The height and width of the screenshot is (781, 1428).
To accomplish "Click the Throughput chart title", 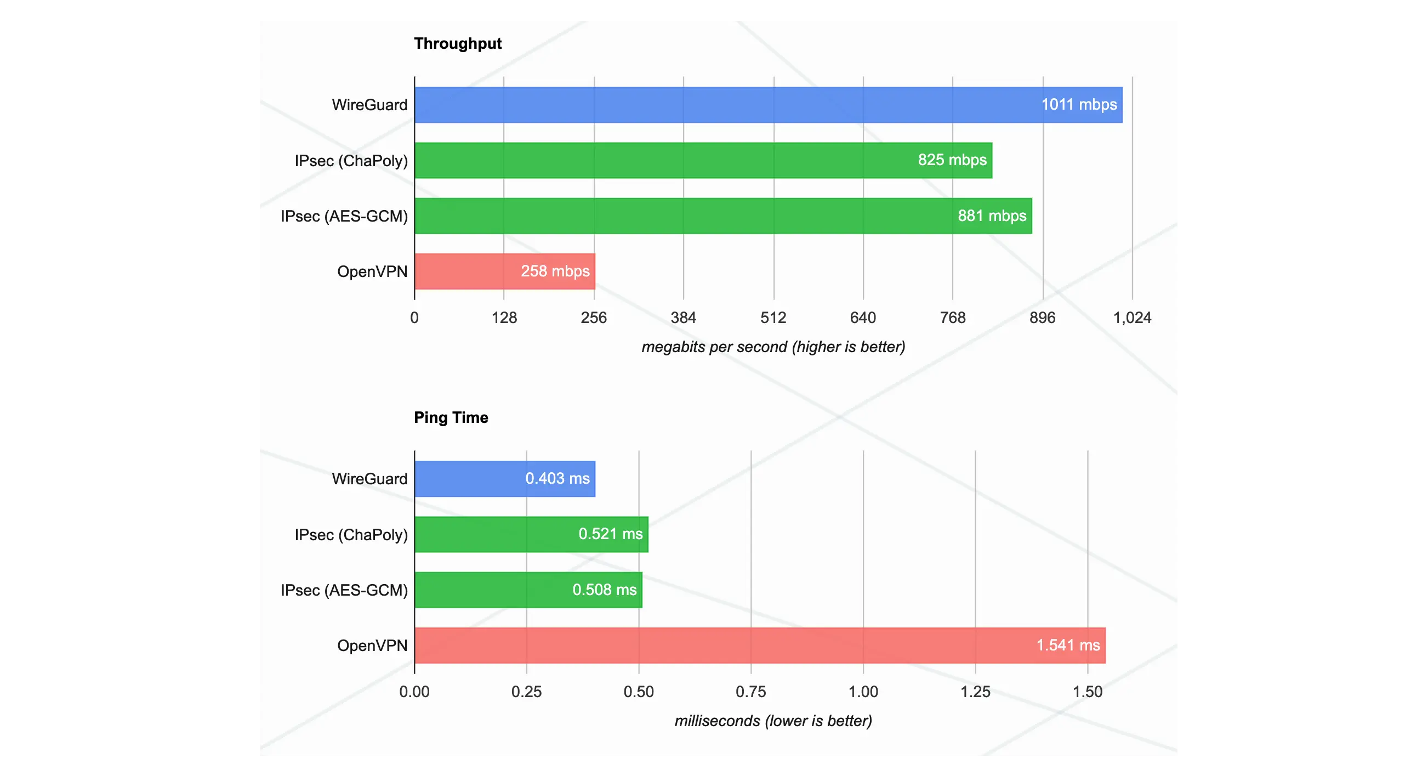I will click(x=457, y=43).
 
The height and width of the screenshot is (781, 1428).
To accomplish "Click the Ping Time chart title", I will click(x=451, y=417).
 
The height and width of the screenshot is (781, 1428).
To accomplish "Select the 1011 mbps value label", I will click(x=1078, y=104).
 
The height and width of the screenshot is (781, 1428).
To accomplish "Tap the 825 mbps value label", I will click(x=952, y=160).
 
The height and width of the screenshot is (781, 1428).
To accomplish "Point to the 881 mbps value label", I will click(x=992, y=215).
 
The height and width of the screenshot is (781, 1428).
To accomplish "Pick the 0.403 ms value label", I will click(x=557, y=478).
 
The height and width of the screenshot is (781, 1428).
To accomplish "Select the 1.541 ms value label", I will click(x=1068, y=645).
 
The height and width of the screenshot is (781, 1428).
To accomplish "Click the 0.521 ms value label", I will click(x=610, y=534).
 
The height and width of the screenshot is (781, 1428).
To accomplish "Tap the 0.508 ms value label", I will click(x=604, y=589).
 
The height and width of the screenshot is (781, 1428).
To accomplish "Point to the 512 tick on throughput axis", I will click(x=773, y=318).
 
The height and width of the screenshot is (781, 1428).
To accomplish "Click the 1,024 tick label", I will click(x=1132, y=318).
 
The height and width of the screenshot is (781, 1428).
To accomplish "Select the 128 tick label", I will click(x=504, y=318).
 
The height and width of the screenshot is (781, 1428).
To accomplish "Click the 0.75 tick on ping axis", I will click(x=750, y=692).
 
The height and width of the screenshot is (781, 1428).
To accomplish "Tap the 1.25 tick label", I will click(x=975, y=692).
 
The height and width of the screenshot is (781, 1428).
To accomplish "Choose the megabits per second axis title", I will click(x=773, y=347).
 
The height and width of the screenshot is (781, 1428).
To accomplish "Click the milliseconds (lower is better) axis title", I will click(x=773, y=721).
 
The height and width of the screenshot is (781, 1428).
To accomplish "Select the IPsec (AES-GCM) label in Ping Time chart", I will click(x=344, y=590).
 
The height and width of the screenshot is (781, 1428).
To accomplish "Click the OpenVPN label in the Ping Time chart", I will click(x=372, y=645).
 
